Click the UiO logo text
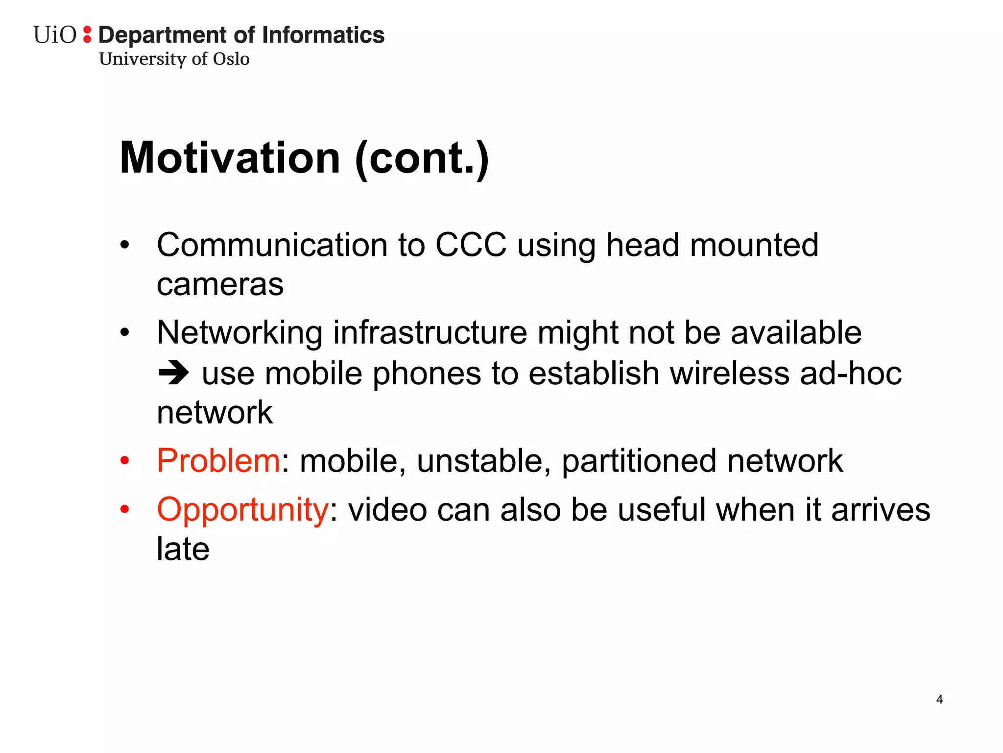pos(55,35)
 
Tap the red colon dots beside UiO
pos(87,34)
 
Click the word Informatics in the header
pos(323,35)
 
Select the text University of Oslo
pos(174,59)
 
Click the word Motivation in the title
pos(230,158)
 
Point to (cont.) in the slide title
pos(422,159)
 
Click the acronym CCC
pos(471,245)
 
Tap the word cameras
pos(220,284)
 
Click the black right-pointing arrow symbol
pos(173,373)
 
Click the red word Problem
pos(218,461)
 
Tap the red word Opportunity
pos(243,510)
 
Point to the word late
pos(183,549)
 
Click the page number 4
pos(939,699)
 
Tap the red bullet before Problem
pos(125,461)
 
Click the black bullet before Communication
pos(125,245)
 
